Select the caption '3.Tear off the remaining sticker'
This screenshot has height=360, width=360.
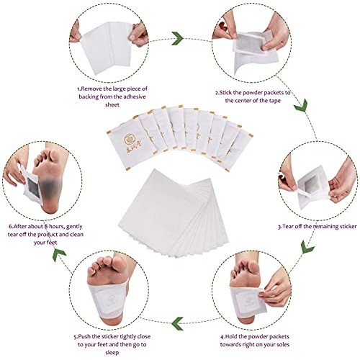317,225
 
